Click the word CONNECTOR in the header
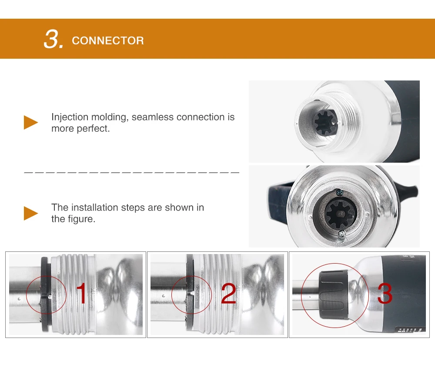[x=107, y=41]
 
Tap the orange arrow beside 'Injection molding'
[x=31, y=123]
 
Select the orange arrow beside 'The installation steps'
[x=31, y=213]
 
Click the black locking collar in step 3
[x=334, y=294]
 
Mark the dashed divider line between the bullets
[x=131, y=173]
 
